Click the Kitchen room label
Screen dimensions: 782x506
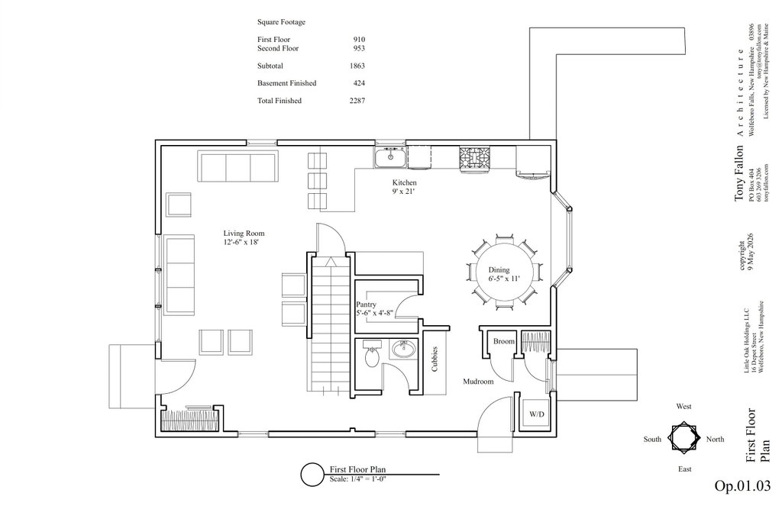click(x=404, y=183)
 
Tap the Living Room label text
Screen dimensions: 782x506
click(x=244, y=234)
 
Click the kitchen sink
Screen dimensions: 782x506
click(x=390, y=157)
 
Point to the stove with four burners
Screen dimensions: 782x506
click(x=474, y=159)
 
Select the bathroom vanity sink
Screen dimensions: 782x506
click(x=404, y=349)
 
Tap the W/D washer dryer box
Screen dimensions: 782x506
click(x=537, y=414)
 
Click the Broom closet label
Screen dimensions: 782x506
click(x=504, y=341)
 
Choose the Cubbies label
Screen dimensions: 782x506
click(x=435, y=359)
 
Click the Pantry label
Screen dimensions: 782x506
click(x=366, y=305)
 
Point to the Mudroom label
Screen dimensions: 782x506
click(x=478, y=382)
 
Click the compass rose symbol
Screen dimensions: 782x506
click(x=683, y=438)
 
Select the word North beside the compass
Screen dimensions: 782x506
click(x=715, y=439)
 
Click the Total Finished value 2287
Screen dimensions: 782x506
click(x=357, y=101)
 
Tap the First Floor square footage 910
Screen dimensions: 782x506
click(x=359, y=40)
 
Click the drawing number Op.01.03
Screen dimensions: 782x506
click(x=742, y=485)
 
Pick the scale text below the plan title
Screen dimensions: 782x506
click(x=358, y=479)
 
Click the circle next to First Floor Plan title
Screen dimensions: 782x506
click(x=312, y=475)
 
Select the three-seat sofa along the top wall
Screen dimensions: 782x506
click(x=238, y=167)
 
